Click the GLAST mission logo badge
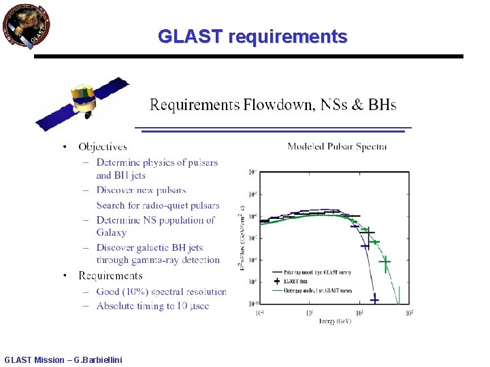coord(26,25)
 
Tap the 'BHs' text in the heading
coord(382,105)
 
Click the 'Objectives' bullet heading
coord(102,146)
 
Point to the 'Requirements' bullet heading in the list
coord(110,275)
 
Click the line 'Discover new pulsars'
coord(141,190)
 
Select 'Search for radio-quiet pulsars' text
coord(157,205)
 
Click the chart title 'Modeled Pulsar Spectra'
coord(337,146)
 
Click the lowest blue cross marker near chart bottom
coord(374,298)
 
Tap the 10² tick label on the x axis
coord(408,313)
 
